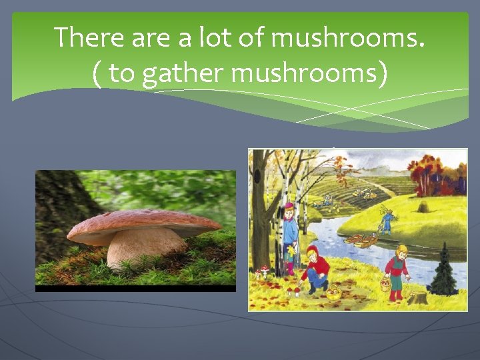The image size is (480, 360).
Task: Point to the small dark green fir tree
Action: [442, 271]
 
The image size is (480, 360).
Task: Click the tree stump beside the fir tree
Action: [419, 297]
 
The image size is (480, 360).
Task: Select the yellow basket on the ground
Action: [332, 293]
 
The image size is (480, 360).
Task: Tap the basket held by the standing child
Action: [385, 285]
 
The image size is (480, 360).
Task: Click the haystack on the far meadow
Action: [424, 206]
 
